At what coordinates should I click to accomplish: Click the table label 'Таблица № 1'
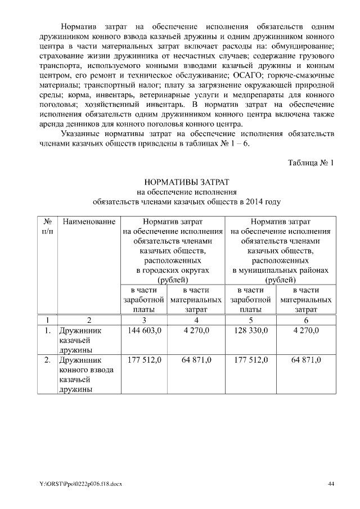(x=311, y=163)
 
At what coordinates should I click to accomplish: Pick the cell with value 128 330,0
(x=250, y=330)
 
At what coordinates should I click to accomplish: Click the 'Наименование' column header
(x=89, y=222)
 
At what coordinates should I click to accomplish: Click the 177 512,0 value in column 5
(x=250, y=359)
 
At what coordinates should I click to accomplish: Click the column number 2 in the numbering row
(x=89, y=319)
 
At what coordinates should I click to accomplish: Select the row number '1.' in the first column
(x=47, y=330)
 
